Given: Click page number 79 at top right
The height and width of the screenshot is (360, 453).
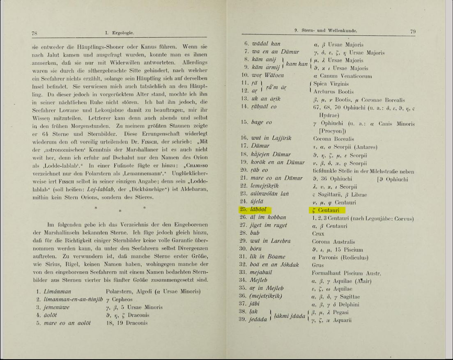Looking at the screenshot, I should (413, 31).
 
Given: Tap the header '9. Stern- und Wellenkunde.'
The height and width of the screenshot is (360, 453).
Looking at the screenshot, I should (326, 30).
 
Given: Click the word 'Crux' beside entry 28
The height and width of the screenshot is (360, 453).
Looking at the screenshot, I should (318, 234).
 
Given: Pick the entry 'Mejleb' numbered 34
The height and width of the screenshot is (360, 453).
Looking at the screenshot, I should (258, 280).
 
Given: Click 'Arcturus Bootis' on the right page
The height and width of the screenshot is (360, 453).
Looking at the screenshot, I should (333, 92).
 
